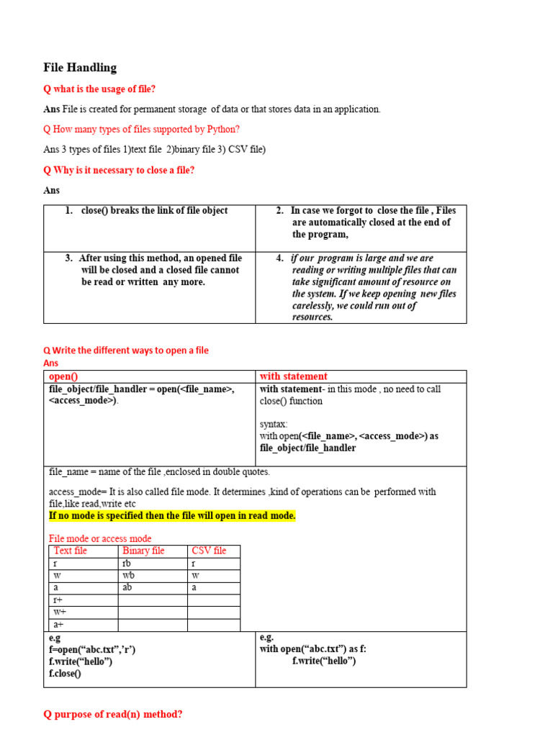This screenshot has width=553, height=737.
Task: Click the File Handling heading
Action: click(x=80, y=68)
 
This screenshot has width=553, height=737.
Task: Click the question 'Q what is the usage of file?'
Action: click(x=99, y=89)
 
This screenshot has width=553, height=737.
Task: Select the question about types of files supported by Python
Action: click(x=141, y=130)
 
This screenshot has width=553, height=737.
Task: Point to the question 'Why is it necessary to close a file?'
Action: click(x=119, y=171)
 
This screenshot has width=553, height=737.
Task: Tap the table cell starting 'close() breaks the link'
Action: click(x=154, y=211)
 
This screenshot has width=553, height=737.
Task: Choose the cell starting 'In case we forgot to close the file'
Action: click(x=373, y=222)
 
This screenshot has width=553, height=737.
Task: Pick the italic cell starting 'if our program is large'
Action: click(x=374, y=287)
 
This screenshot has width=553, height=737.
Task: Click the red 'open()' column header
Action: click(x=63, y=376)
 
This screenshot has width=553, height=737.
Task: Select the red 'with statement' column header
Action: click(x=293, y=376)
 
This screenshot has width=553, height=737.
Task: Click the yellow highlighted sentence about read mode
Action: click(x=172, y=516)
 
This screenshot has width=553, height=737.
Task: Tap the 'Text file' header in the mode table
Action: click(x=71, y=551)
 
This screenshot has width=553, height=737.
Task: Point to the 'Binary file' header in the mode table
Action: click(x=143, y=551)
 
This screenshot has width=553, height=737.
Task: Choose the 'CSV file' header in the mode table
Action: click(x=209, y=551)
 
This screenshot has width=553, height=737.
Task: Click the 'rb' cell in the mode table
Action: click(x=127, y=564)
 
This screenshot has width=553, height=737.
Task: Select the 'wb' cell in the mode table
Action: click(x=128, y=576)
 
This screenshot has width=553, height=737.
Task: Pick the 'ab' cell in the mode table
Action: click(x=127, y=588)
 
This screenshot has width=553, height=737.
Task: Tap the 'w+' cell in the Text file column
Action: click(x=60, y=612)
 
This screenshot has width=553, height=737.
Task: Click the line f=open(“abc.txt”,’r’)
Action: click(x=92, y=649)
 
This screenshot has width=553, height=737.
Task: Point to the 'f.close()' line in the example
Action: click(x=65, y=674)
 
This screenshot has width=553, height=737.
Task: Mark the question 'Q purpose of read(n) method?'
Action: click(x=113, y=715)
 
